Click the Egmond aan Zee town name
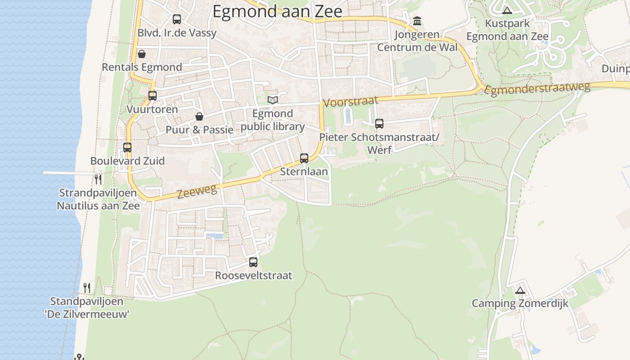tap(277, 12)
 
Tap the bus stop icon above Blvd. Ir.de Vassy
tap(177, 19)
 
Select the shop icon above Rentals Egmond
tap(142, 54)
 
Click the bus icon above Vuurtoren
tap(153, 96)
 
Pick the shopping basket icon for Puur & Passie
tap(199, 117)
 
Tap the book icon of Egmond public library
tap(273, 100)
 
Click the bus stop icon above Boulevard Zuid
tap(127, 148)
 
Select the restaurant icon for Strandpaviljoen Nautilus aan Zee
tap(98, 180)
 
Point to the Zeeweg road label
tap(197, 191)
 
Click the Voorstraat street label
tap(351, 101)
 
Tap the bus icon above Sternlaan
tap(304, 158)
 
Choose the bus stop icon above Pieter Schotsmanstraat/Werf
tap(379, 124)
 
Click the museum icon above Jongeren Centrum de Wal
tap(417, 21)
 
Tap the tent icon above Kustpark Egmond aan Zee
tap(507, 10)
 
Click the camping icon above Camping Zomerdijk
tap(520, 290)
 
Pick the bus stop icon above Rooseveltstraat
tap(253, 262)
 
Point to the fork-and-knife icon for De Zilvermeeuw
tap(87, 288)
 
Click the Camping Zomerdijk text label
tap(520, 303)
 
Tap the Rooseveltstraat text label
tap(253, 275)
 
